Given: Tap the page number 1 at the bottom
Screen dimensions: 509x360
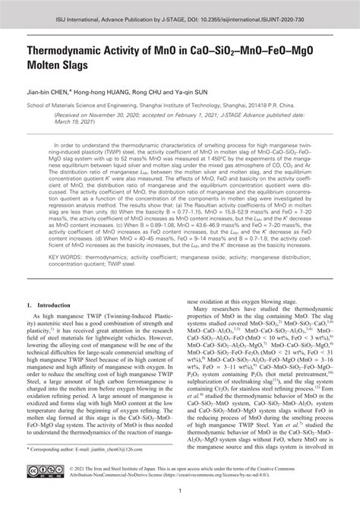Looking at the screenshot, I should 180,498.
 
